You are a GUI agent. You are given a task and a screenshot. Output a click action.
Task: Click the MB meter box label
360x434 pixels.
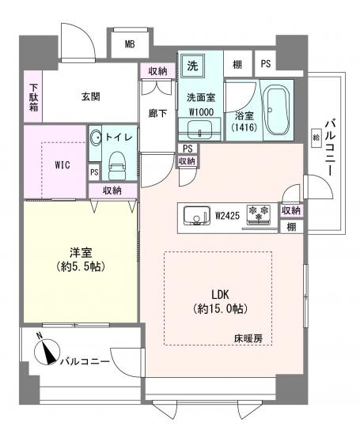coord(130,44)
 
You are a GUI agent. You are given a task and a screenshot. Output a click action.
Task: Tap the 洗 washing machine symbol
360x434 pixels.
coord(192,66)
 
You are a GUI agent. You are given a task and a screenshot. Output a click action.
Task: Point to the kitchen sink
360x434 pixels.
coord(196,215)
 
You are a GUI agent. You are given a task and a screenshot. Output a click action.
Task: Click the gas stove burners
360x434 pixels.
coord(259,213)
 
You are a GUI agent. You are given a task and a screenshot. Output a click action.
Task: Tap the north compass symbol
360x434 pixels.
coord(47,352)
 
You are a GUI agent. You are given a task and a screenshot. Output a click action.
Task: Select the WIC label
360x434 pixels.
coord(63,165)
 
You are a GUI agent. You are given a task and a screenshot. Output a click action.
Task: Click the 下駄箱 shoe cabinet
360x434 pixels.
coord(33,96)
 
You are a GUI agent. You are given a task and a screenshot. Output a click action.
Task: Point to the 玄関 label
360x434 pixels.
coord(91,97)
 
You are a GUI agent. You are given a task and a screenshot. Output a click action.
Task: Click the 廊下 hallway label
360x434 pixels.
coord(157,113)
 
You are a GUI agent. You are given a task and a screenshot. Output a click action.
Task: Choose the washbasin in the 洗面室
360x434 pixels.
coord(199,130)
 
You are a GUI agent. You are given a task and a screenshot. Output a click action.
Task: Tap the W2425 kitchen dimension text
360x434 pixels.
coord(227,216)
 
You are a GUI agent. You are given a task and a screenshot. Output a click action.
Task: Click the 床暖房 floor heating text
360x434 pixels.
coord(248,338)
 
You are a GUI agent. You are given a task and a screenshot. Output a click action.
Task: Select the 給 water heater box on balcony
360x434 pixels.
coord(316,137)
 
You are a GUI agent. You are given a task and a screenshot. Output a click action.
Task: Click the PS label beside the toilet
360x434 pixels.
coord(94,172)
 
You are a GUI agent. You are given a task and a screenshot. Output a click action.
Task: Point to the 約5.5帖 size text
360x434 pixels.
coord(81,267)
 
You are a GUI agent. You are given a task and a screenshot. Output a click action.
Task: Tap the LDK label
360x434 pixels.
coord(220,295)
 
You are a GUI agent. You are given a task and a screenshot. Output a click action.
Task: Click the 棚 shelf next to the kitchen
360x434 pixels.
coord(291,227)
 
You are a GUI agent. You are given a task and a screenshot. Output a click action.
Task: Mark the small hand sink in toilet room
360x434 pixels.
coord(95,137)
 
